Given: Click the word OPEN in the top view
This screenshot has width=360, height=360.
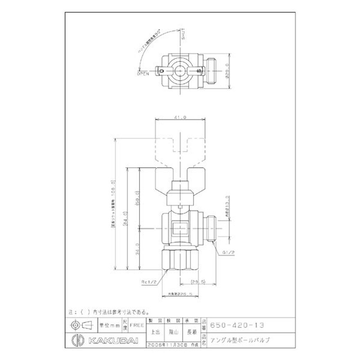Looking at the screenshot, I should pyautogui.click(x=143, y=73).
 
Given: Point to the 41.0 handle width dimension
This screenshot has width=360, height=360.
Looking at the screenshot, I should pyautogui.click(x=180, y=117).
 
